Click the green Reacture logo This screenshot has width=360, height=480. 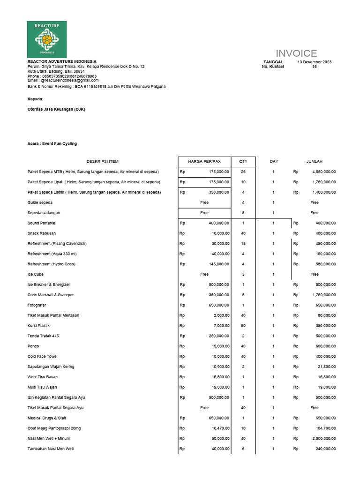click(47, 39)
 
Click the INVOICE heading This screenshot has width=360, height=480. click(296, 53)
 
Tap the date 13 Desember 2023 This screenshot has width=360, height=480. click(315, 62)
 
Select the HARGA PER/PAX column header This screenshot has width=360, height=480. click(204, 162)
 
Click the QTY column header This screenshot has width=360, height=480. click(243, 162)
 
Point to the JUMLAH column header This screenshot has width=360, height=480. click(315, 162)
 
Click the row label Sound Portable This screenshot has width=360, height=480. click(41, 223)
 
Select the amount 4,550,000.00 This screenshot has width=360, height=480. click(324, 172)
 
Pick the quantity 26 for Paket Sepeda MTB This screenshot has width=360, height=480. click(243, 172)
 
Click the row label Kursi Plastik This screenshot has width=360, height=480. click(38, 326)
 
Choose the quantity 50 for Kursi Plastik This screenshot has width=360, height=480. click(243, 326)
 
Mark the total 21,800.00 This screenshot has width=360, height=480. click(326, 367)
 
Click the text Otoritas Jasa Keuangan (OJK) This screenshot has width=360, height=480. click(56, 109)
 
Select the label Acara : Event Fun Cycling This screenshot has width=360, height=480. click(52, 143)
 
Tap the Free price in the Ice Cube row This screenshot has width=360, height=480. click(204, 274)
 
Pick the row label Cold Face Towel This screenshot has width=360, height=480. click(43, 356)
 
